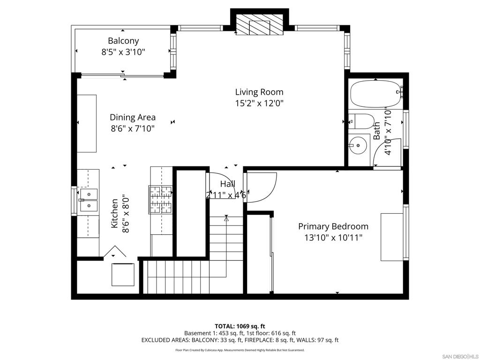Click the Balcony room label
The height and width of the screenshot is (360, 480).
point(123,41)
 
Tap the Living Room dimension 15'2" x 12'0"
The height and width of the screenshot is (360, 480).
point(259,103)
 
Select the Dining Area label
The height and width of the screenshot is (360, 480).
point(133,117)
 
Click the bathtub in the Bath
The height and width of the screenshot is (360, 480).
point(375,94)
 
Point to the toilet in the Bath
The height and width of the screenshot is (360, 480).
point(361,121)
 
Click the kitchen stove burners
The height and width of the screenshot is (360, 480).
point(161,200)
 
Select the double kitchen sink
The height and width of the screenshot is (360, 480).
point(89,200)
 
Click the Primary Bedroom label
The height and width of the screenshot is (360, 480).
point(333,226)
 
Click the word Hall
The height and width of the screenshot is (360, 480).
point(228,184)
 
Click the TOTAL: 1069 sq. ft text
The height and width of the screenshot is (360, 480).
point(240,326)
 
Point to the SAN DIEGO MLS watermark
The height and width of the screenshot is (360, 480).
point(460,356)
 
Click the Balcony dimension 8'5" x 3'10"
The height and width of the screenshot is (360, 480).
point(123,52)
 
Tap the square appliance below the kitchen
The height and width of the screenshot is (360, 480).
point(123,275)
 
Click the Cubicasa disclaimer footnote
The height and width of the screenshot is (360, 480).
point(240,350)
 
